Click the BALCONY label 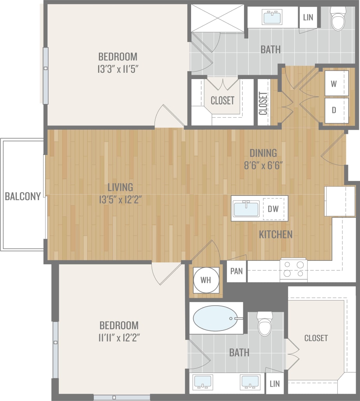pos(23,196)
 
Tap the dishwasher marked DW pos(273,209)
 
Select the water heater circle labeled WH pos(206,280)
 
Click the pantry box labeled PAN pos(237,271)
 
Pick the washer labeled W pos(334,83)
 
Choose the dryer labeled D pos(334,110)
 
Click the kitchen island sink pos(246,209)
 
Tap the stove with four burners pos(293,269)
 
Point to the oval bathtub pos(215,318)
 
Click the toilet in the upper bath pos(338,19)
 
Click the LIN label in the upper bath pos(308,18)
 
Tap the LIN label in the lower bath pos(274,383)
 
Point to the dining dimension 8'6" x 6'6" pos(263,164)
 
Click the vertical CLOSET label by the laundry pos(263,103)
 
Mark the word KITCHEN pos(276,234)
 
